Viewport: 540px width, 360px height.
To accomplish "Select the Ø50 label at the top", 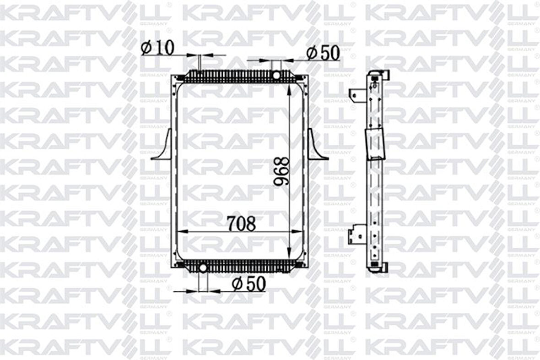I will point(323,53).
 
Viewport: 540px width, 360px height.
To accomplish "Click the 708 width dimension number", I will point(241,224).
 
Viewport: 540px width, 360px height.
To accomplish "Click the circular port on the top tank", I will point(276,75).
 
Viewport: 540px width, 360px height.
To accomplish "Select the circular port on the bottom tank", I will point(203,267).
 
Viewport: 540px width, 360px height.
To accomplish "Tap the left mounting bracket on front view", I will point(162,147).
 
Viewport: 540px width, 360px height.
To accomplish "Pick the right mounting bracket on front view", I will point(317,147).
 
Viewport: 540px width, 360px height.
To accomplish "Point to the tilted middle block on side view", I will point(374,144).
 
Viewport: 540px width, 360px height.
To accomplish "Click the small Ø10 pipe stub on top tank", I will point(200,63).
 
